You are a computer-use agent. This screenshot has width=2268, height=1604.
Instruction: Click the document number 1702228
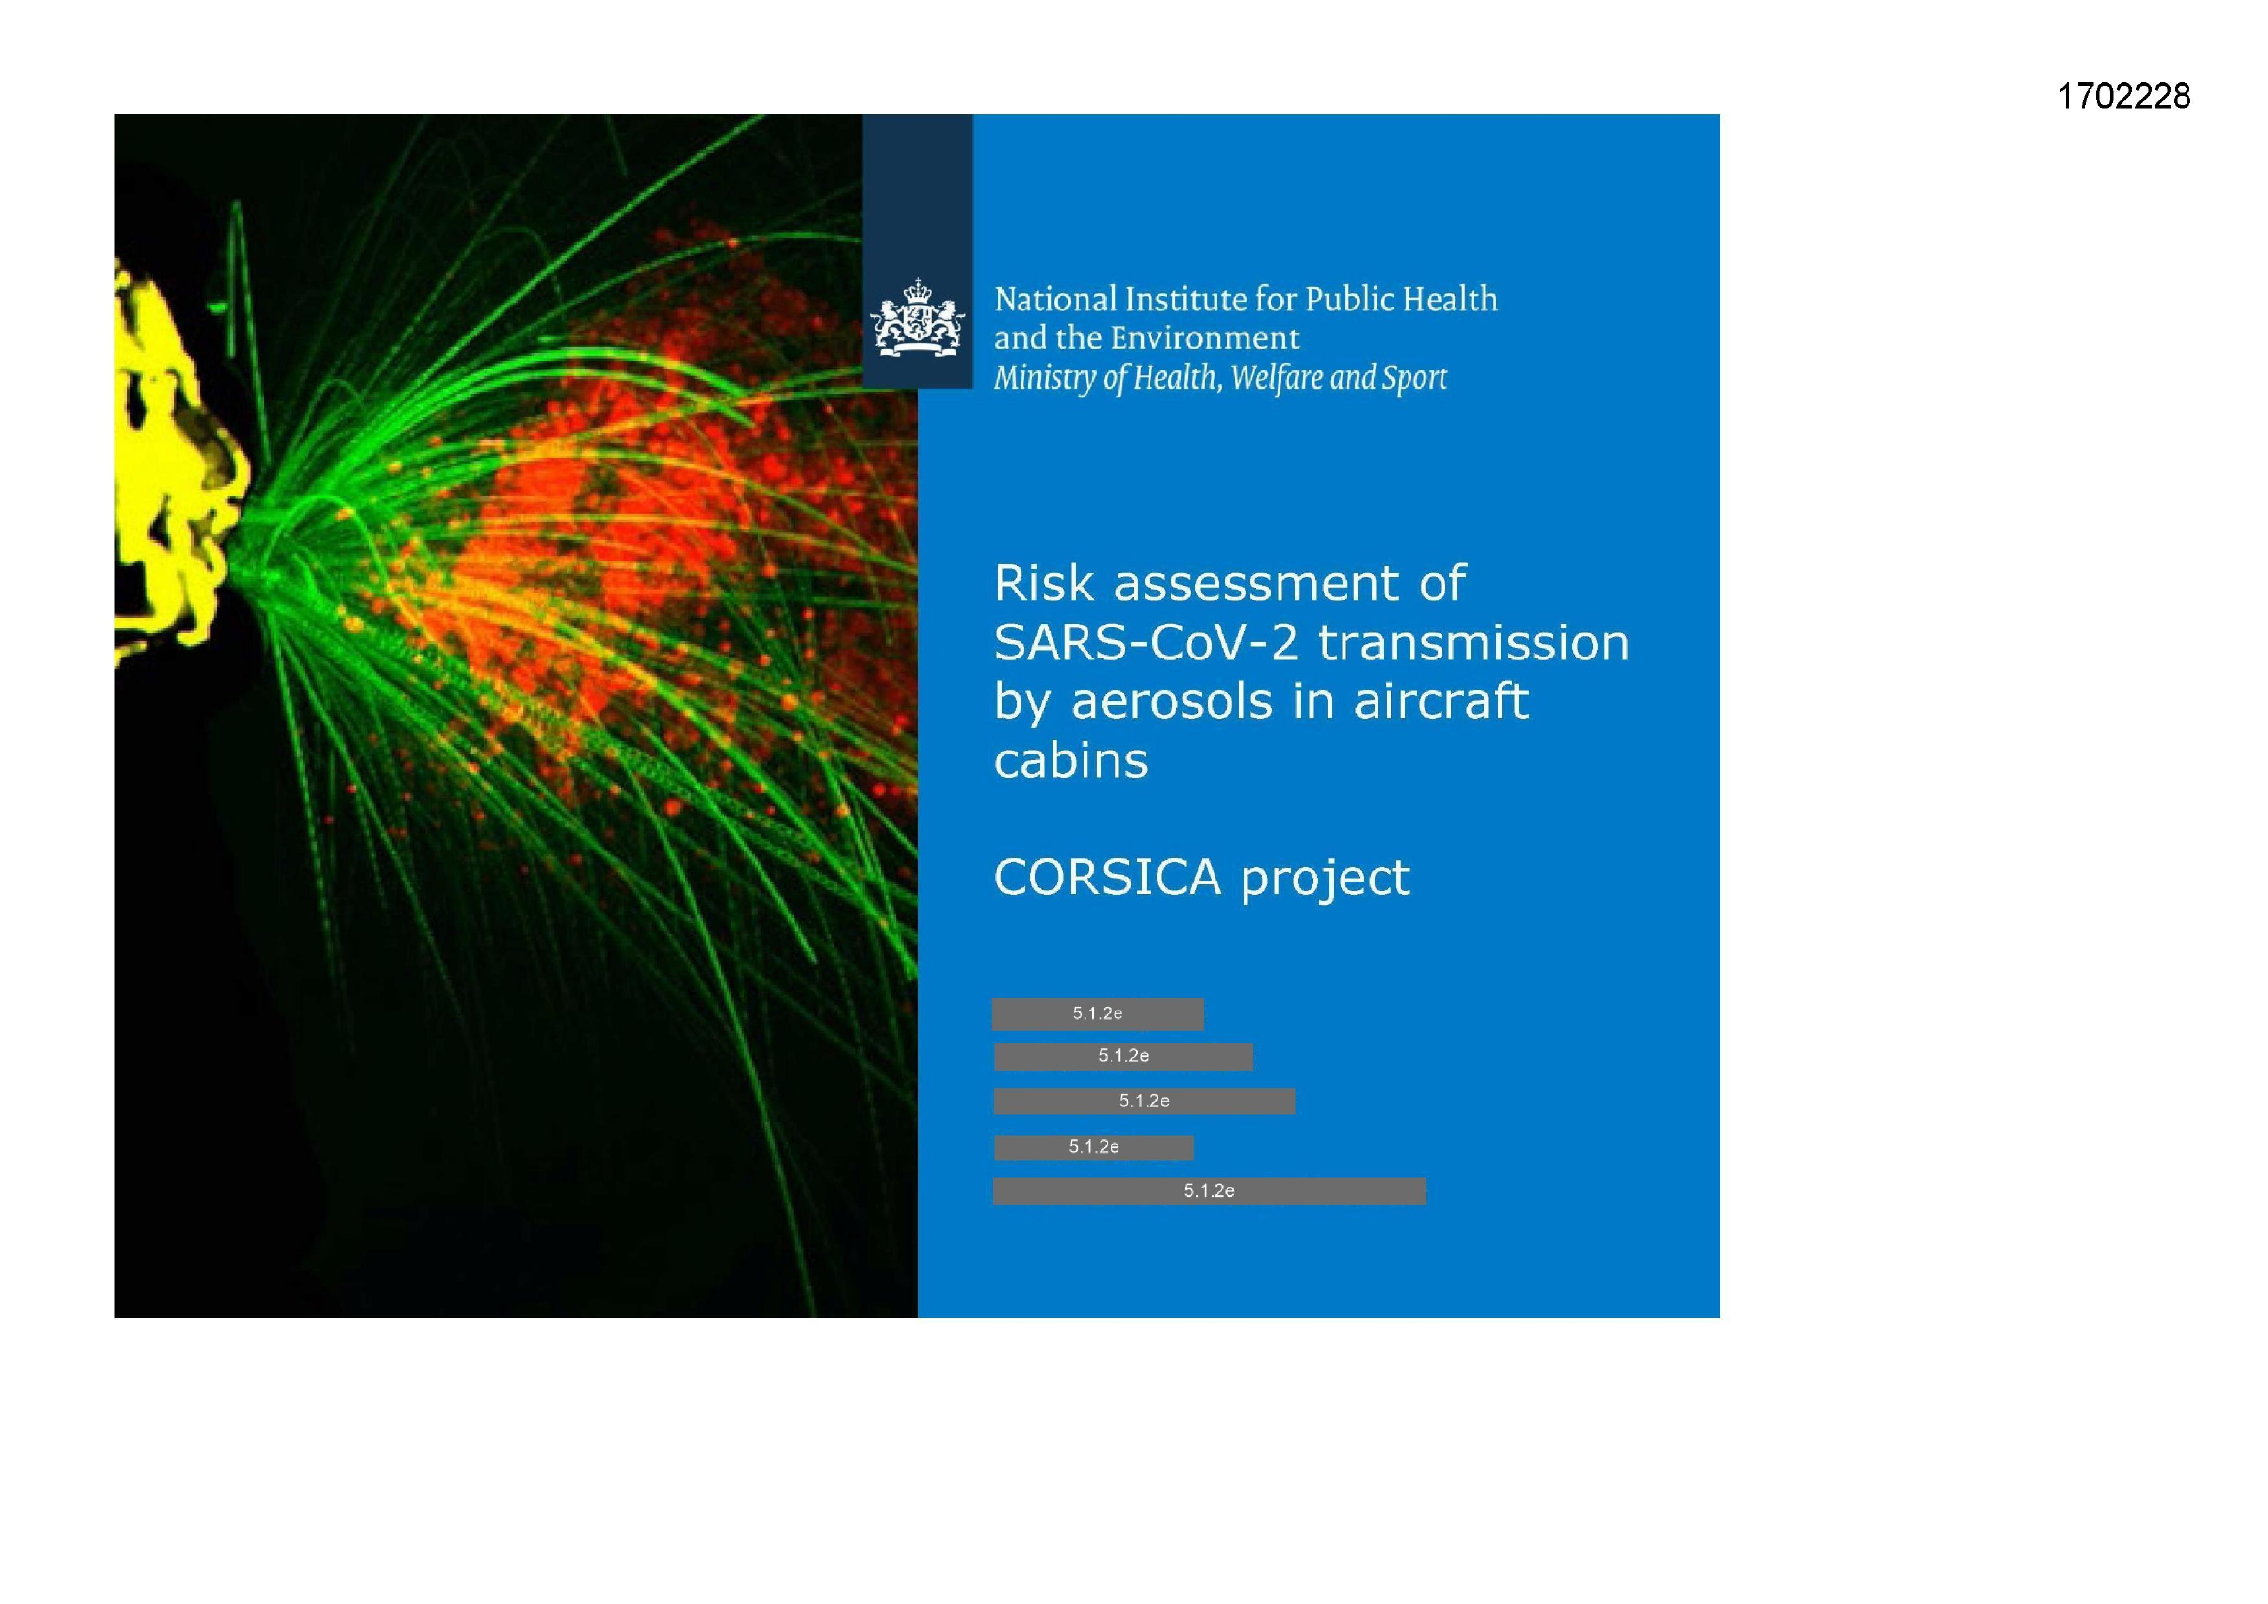2123,97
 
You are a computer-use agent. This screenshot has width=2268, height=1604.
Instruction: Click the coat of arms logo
917,317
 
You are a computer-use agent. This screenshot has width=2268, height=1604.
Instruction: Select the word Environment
1204,337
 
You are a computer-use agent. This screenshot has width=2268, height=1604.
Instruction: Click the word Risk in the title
1045,583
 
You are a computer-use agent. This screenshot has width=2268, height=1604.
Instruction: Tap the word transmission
1474,642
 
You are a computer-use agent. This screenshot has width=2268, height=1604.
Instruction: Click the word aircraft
1442,700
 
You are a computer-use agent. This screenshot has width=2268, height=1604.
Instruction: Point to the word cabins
1071,760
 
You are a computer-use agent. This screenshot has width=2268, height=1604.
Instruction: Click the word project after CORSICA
1326,879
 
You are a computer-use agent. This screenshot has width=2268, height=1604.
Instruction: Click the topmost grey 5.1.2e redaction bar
1097,1013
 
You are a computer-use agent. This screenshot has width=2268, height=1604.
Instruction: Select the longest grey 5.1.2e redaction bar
1209,1191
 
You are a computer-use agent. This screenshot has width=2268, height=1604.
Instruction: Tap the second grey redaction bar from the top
1123,1056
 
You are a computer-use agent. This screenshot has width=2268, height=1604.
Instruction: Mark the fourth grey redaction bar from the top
1093,1146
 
